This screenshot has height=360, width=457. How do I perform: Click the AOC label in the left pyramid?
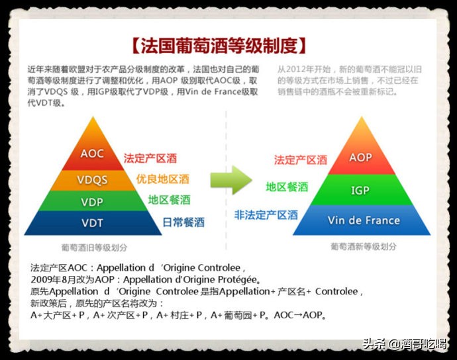click(x=92, y=154)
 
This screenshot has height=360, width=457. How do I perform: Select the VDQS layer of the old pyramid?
click(x=92, y=180)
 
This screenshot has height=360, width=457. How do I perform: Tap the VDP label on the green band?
click(x=92, y=201)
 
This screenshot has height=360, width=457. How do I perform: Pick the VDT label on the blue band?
click(x=92, y=223)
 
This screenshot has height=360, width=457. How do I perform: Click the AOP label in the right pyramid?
click(x=360, y=158)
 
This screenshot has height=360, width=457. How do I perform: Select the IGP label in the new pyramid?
click(x=360, y=191)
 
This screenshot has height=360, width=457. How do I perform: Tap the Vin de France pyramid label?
click(x=364, y=220)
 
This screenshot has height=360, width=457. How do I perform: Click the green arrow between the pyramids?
click(x=232, y=180)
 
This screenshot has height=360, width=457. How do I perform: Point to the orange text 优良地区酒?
click(x=163, y=179)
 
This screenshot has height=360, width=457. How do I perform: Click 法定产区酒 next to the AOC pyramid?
click(x=150, y=159)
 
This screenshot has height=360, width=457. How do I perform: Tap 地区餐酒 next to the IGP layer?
click(x=287, y=187)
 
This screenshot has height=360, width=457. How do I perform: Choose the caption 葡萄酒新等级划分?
click(x=364, y=246)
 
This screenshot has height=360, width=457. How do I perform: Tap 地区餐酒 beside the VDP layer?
click(x=169, y=200)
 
